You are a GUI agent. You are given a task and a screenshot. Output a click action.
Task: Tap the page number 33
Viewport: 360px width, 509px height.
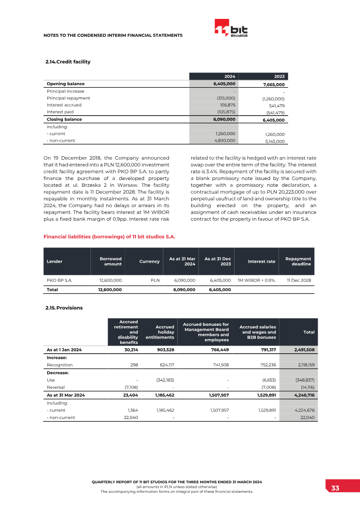pos(335,488)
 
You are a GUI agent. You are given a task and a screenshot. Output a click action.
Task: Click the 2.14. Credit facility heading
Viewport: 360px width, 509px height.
pos(68,62)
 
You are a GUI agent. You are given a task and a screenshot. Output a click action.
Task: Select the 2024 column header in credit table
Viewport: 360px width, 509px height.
pos(230,77)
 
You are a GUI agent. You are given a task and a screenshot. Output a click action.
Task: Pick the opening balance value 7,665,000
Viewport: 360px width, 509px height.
pos(273,85)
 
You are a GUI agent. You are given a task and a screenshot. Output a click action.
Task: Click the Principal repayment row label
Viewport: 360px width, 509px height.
pos(68,98)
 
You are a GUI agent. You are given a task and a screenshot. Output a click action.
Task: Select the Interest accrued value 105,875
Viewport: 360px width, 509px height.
pos(227,105)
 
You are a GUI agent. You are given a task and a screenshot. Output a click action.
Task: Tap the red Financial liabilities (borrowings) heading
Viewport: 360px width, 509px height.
pos(109,236)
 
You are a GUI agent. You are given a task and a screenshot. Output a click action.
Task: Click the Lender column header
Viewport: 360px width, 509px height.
pos(54,261)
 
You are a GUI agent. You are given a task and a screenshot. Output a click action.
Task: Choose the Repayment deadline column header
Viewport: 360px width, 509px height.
pos(298,261)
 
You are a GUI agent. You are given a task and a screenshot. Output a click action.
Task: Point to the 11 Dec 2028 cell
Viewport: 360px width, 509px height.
pos(299,280)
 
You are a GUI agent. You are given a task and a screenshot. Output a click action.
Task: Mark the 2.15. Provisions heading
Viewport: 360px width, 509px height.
pos(64,308)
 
